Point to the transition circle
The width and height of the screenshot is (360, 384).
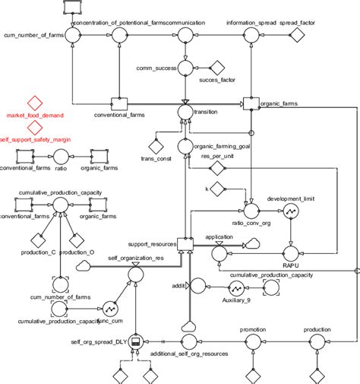pyautogui.click(x=184, y=111)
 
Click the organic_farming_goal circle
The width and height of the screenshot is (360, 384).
pyautogui.click(x=184, y=146)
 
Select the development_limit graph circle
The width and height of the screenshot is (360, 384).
pyautogui.click(x=290, y=212)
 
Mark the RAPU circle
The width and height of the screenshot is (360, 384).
pyautogui.click(x=290, y=252)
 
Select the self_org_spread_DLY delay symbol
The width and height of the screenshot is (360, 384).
pyautogui.click(x=137, y=343)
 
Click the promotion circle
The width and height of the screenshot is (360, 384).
pyautogui.click(x=251, y=343)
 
